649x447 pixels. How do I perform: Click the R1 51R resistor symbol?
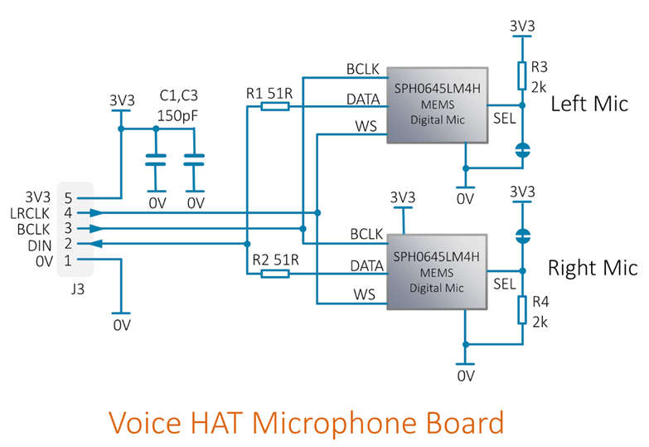(275, 106)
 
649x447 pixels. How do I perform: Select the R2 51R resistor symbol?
(275, 273)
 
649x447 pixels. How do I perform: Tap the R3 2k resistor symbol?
(521, 75)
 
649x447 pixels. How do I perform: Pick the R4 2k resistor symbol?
(521, 310)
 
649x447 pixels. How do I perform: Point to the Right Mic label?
(593, 269)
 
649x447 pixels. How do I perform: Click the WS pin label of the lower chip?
(365, 294)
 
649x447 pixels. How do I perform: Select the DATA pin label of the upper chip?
(362, 100)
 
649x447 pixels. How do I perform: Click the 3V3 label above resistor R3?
(521, 27)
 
